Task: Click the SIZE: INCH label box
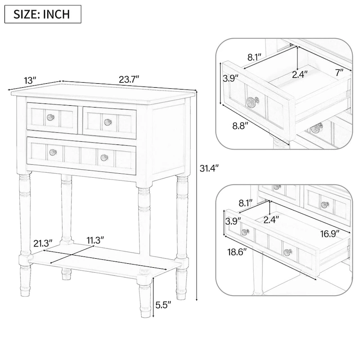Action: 43,13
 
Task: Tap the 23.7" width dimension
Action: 129,80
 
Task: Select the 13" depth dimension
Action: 30,81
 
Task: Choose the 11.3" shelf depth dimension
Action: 96,240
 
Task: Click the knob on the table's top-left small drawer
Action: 50,118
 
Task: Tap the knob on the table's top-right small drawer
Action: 108,121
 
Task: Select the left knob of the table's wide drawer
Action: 53,152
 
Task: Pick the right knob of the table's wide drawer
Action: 104,157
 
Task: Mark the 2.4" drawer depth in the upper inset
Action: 300,74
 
